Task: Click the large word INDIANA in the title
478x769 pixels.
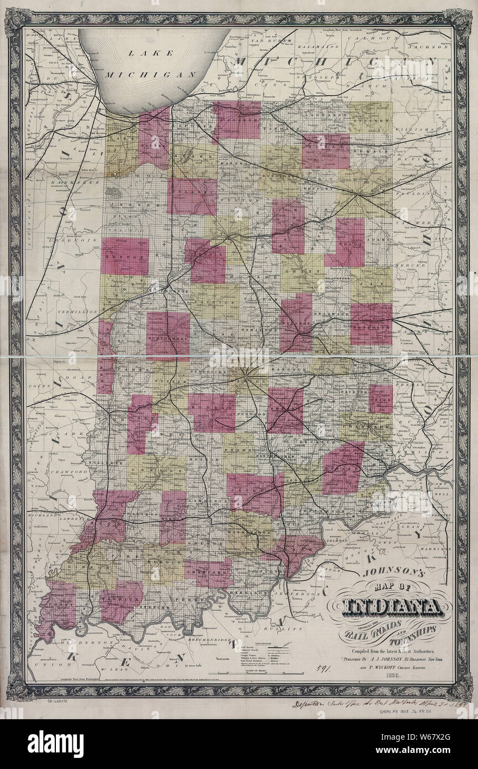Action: pyautogui.click(x=392, y=607)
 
